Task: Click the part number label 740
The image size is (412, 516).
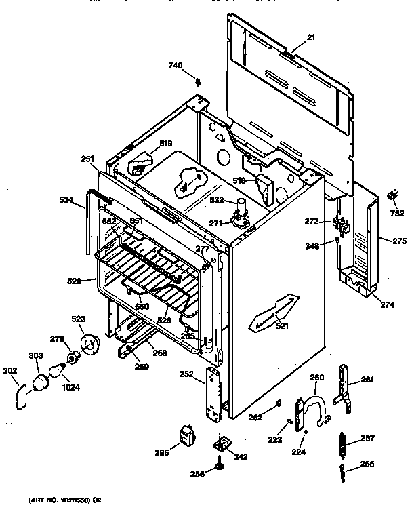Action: pos(176,65)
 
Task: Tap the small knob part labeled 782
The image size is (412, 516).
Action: pos(391,196)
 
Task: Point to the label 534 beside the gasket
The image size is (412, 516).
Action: pos(65,200)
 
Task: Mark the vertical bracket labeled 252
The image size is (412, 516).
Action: pos(212,396)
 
